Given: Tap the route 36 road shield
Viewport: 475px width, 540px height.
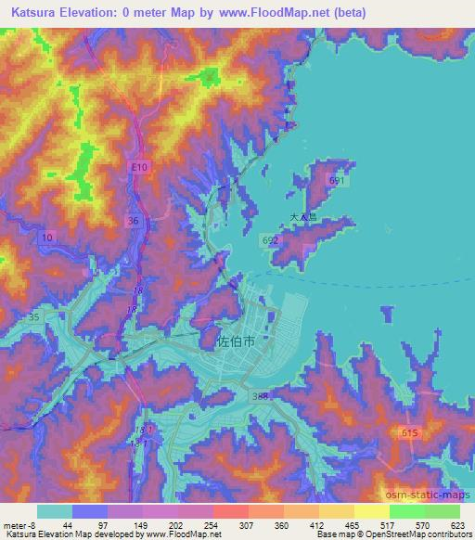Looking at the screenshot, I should click(134, 221).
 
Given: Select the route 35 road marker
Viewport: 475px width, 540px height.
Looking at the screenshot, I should click(34, 316).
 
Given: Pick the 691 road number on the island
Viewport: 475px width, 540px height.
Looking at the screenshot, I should click(337, 182).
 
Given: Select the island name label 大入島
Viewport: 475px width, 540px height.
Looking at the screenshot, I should click(302, 218).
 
